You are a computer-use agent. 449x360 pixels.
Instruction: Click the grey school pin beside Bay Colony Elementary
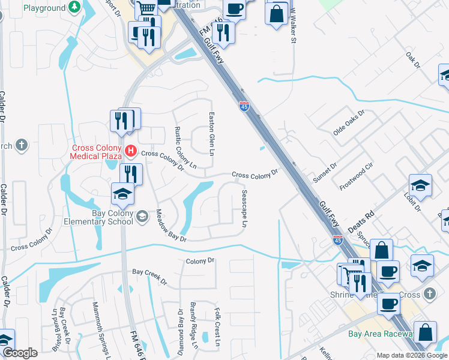point(142,217)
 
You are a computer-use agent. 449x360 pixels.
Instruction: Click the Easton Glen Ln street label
point(211,134)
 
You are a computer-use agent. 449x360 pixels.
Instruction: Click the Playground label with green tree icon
point(44,8)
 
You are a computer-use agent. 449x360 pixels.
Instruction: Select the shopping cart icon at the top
point(146,9)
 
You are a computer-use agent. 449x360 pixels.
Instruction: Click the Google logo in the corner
point(20,353)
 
